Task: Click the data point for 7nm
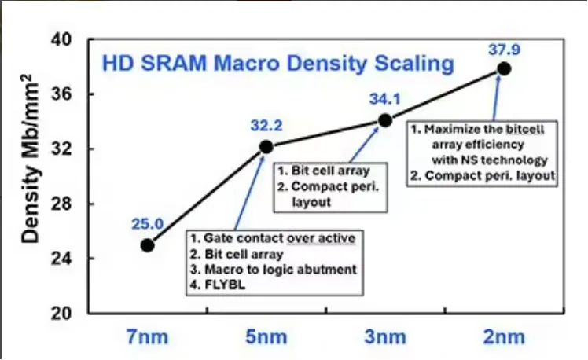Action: (147, 245)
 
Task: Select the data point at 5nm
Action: (266, 147)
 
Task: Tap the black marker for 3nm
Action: (385, 120)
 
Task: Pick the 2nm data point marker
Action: (504, 69)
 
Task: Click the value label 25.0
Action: (147, 224)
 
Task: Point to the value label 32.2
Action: (266, 126)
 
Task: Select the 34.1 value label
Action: (385, 99)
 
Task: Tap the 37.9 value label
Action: (505, 50)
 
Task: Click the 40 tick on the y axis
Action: (61, 39)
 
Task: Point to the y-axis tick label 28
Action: (61, 204)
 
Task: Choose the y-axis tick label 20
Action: (61, 314)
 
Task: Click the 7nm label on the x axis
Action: (147, 336)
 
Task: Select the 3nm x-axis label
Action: (385, 336)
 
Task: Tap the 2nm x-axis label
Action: (504, 336)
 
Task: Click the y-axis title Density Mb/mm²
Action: (30, 159)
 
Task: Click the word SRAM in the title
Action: (175, 63)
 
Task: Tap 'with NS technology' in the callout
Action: (490, 160)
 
